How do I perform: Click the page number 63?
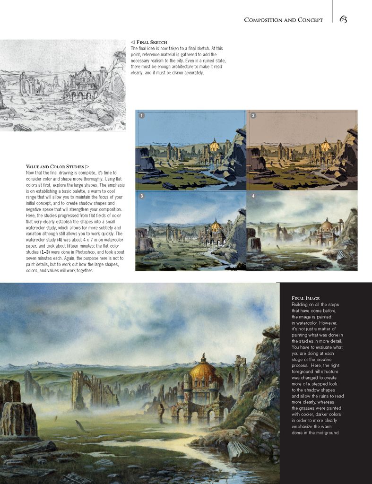point(343,19)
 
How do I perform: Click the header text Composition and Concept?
point(283,20)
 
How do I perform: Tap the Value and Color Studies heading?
point(55,167)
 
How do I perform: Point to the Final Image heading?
point(305,298)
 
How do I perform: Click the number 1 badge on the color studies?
point(141,115)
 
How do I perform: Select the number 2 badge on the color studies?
point(253,115)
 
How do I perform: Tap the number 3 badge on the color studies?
point(141,196)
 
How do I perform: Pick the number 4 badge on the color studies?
point(253,196)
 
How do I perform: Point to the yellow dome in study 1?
point(215,145)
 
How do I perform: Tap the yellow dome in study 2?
point(326,145)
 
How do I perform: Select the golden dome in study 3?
point(216,225)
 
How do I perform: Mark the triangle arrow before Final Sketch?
point(132,42)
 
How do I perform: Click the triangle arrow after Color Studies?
point(87,167)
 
